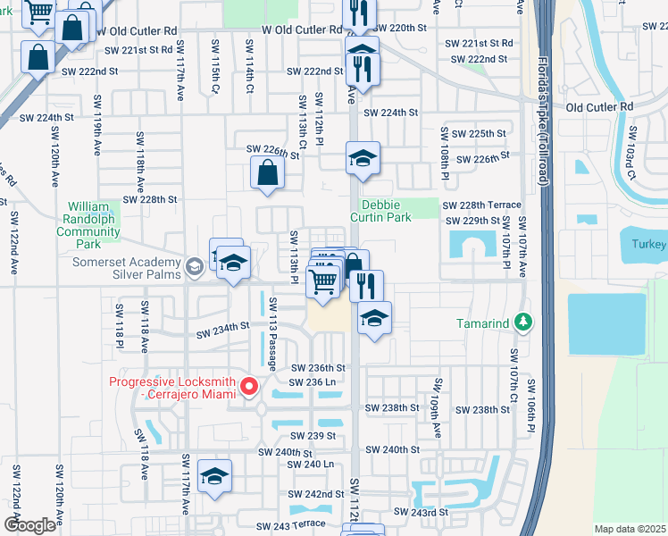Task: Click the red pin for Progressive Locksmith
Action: click(249, 387)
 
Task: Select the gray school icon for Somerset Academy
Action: click(194, 266)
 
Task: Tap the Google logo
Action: click(29, 525)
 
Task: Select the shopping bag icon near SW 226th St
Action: click(269, 173)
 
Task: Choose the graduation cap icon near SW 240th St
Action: click(214, 477)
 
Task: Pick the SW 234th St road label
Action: click(223, 328)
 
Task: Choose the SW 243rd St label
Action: click(421, 512)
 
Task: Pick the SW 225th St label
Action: click(478, 133)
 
